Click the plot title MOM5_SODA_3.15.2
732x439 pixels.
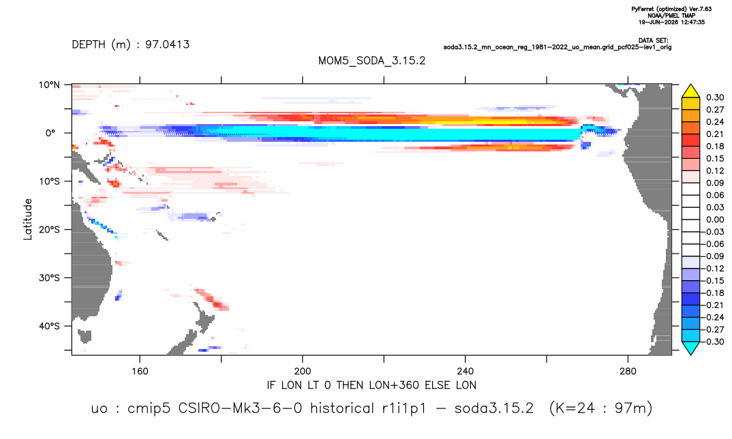[x=371, y=61]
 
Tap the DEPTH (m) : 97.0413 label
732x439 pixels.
[x=131, y=44]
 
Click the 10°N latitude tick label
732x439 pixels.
[x=49, y=85]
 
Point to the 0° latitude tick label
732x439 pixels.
[x=50, y=133]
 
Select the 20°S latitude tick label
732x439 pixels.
[x=49, y=229]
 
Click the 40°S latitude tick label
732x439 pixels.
[x=49, y=326]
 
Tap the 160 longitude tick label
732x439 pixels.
[x=140, y=372]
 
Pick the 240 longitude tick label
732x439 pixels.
[x=466, y=372]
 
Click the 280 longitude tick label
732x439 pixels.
[x=628, y=372]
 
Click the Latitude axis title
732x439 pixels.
[x=28, y=219]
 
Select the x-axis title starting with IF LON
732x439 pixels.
[x=371, y=385]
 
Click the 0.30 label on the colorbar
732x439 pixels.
[x=715, y=97]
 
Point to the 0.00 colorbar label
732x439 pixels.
[x=715, y=219]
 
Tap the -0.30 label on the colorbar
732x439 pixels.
[x=714, y=342]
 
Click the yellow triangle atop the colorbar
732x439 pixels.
[x=691, y=92]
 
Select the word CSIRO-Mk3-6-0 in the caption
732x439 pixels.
[x=241, y=408]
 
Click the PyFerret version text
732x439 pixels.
[x=671, y=9]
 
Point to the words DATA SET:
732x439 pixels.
[x=653, y=41]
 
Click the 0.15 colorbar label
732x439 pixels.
[x=715, y=158]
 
